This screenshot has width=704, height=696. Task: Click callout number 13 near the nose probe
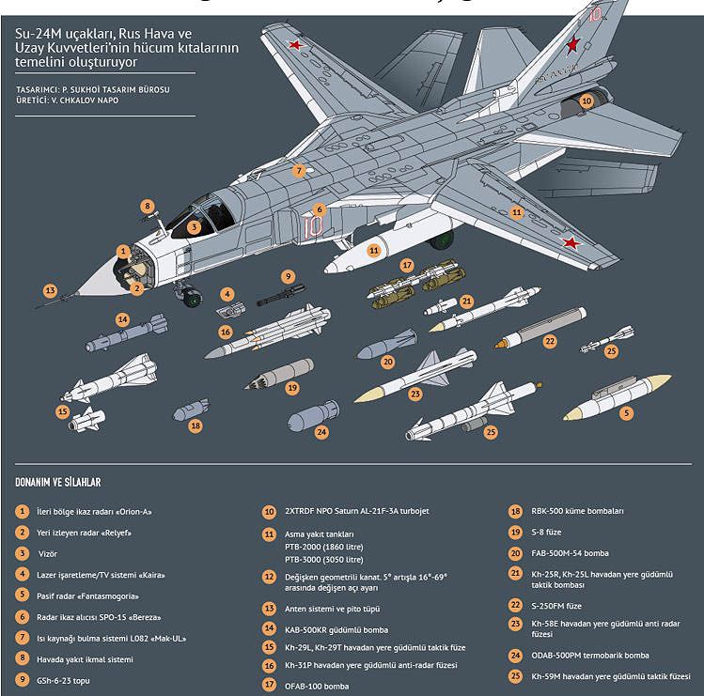click(50, 290)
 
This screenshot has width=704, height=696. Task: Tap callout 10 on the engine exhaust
click(586, 101)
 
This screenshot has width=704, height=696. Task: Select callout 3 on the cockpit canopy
click(194, 226)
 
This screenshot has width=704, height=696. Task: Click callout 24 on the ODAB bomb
click(321, 432)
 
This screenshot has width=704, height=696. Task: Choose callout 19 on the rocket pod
click(292, 387)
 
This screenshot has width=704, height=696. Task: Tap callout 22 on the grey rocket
click(550, 341)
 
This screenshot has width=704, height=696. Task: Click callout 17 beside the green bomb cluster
click(407, 266)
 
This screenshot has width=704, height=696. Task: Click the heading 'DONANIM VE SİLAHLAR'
click(57, 482)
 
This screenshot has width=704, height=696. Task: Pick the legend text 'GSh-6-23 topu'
click(65, 679)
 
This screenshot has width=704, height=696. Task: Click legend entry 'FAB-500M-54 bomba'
click(571, 553)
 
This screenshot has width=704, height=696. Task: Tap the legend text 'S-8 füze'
click(551, 533)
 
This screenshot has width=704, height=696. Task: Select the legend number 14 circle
click(269, 629)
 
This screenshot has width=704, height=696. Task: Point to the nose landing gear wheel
click(192, 300)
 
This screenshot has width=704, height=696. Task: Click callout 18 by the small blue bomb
click(196, 425)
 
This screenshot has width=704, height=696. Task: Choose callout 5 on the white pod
click(626, 411)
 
